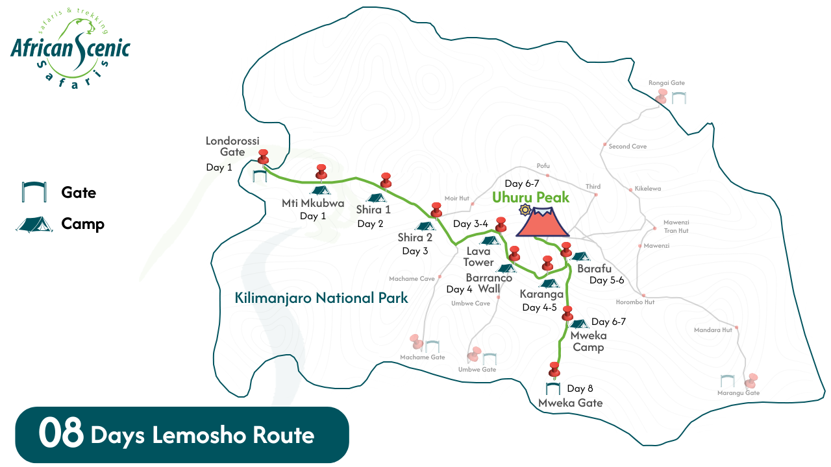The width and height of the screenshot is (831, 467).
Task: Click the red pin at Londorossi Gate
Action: pos(264,157)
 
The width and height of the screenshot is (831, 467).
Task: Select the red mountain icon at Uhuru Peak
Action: pos(542,222)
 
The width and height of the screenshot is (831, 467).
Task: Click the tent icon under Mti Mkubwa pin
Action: pos(319,190)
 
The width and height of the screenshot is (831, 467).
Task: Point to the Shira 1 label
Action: pos(373,210)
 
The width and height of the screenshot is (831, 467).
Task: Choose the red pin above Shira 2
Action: pos(436,210)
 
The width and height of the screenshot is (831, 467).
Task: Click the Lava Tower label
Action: pos(478,256)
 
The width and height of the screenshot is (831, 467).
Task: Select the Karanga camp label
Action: pos(541,294)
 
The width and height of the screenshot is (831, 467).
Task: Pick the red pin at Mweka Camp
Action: pos(568,313)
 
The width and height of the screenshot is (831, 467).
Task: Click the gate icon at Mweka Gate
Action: pos(553,389)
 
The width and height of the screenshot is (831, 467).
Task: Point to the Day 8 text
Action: pos(580,389)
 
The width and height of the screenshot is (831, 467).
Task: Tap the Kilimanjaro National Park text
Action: pos(321,298)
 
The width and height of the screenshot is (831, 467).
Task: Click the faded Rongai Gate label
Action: pos(667,83)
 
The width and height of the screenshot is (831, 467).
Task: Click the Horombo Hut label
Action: pos(635,302)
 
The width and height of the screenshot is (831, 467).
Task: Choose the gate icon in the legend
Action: pos(33,192)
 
